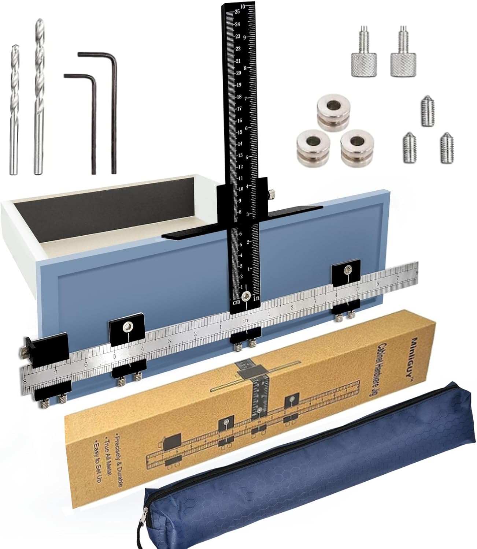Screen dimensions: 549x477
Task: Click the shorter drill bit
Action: (x=14, y=110)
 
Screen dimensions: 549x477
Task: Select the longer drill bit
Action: (x=39, y=99)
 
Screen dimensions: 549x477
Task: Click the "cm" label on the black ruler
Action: (x=236, y=302)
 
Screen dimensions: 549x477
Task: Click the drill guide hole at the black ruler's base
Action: (x=246, y=296)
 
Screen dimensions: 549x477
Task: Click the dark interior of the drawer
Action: (x=121, y=205)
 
